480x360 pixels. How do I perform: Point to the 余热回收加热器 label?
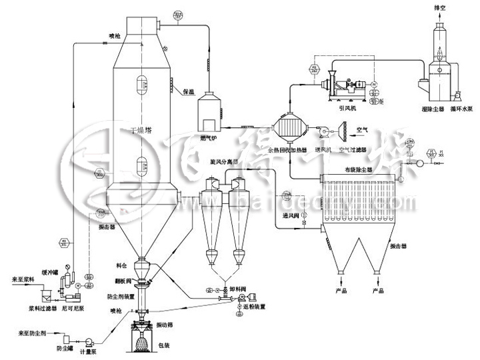[x=287, y=151]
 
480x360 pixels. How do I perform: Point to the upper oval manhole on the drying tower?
[x=141, y=85]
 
